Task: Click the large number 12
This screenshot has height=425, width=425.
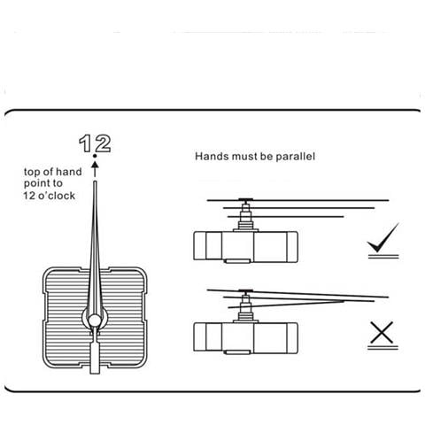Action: click(95, 143)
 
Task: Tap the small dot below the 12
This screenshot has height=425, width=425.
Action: click(95, 156)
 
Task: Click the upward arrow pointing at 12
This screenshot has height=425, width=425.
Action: click(95, 169)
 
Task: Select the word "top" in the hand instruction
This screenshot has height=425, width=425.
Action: click(32, 172)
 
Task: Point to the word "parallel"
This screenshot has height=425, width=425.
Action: click(295, 156)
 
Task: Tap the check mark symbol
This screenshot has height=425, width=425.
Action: click(383, 238)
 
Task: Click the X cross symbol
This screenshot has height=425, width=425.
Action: click(382, 333)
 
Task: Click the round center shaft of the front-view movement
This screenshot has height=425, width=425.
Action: click(95, 321)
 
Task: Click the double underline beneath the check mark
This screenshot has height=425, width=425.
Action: click(383, 257)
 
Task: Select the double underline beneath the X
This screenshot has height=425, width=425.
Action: click(382, 348)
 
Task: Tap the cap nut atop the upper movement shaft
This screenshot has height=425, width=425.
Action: click(245, 200)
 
